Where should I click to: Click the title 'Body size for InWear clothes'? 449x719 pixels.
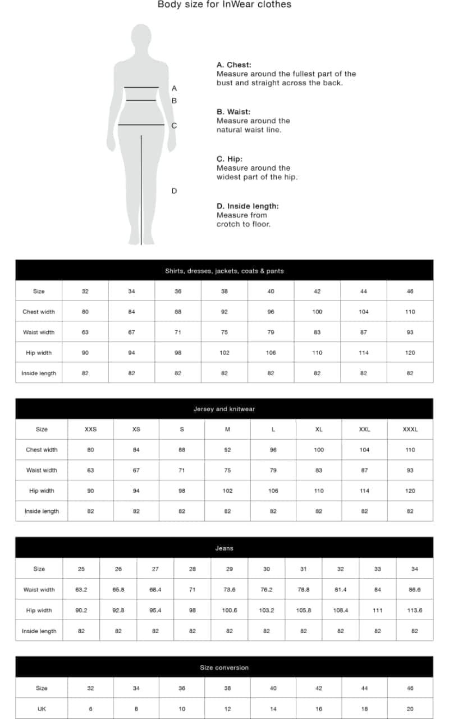pyautogui.click(x=224, y=4)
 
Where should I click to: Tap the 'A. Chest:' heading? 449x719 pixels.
pyautogui.click(x=233, y=65)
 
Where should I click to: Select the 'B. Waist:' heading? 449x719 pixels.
pyautogui.click(x=233, y=112)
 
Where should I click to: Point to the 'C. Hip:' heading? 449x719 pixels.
pyautogui.click(x=230, y=159)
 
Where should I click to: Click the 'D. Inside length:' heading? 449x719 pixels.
pyautogui.click(x=248, y=206)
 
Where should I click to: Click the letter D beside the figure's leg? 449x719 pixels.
pyautogui.click(x=174, y=191)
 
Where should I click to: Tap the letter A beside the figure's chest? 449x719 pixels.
pyautogui.click(x=174, y=88)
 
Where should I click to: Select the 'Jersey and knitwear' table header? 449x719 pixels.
pyautogui.click(x=224, y=409)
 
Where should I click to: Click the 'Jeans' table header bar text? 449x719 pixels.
pyautogui.click(x=224, y=548)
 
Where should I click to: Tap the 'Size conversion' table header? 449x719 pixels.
pyautogui.click(x=224, y=667)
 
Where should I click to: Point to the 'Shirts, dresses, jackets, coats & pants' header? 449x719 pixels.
pyautogui.click(x=224, y=271)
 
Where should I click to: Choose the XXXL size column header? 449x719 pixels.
pyautogui.click(x=410, y=429)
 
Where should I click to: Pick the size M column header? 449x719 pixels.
pyautogui.click(x=227, y=429)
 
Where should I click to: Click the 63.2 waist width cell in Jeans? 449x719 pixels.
pyautogui.click(x=81, y=590)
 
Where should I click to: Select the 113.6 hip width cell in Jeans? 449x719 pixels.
pyautogui.click(x=415, y=610)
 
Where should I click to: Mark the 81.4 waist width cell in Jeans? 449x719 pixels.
pyautogui.click(x=341, y=590)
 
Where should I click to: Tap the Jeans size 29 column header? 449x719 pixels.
pyautogui.click(x=230, y=569)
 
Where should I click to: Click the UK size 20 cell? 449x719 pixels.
pyautogui.click(x=410, y=709)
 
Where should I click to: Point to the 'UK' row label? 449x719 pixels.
pyautogui.click(x=42, y=709)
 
